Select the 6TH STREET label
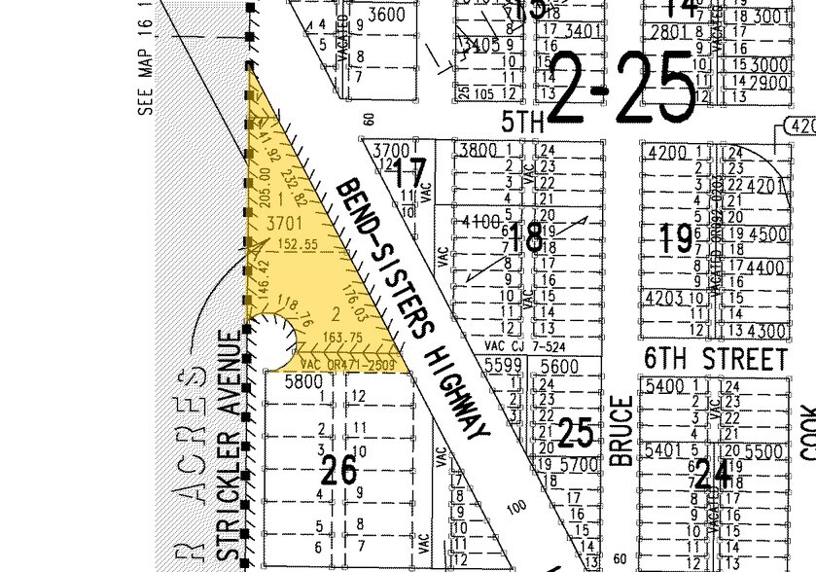(715, 359)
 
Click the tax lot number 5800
(302, 383)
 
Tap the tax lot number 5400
(679, 386)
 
